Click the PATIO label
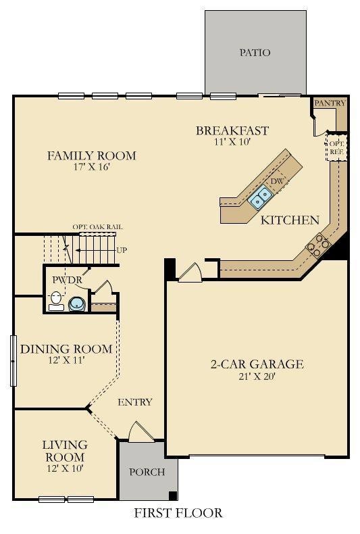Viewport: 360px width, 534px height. click(255, 53)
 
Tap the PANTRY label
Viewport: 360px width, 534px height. click(330, 103)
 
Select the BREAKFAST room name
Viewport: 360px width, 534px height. click(232, 131)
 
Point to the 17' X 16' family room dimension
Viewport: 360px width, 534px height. click(91, 168)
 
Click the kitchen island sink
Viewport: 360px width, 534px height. click(260, 197)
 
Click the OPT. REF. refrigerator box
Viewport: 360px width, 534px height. click(336, 148)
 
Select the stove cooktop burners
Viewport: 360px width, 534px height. click(317, 244)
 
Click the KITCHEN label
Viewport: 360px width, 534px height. click(290, 220)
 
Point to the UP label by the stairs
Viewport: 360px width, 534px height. click(122, 250)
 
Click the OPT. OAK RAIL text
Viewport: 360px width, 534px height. click(98, 227)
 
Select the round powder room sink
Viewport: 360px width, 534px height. click(77, 304)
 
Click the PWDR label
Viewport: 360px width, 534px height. click(68, 279)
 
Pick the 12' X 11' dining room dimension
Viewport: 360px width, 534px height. click(66, 360)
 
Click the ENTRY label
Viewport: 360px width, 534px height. click(135, 402)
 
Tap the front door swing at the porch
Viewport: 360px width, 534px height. click(138, 431)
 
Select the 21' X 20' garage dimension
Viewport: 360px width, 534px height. click(256, 377)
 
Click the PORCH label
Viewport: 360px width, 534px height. click(147, 472)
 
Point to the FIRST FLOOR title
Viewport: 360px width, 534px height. click(178, 513)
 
